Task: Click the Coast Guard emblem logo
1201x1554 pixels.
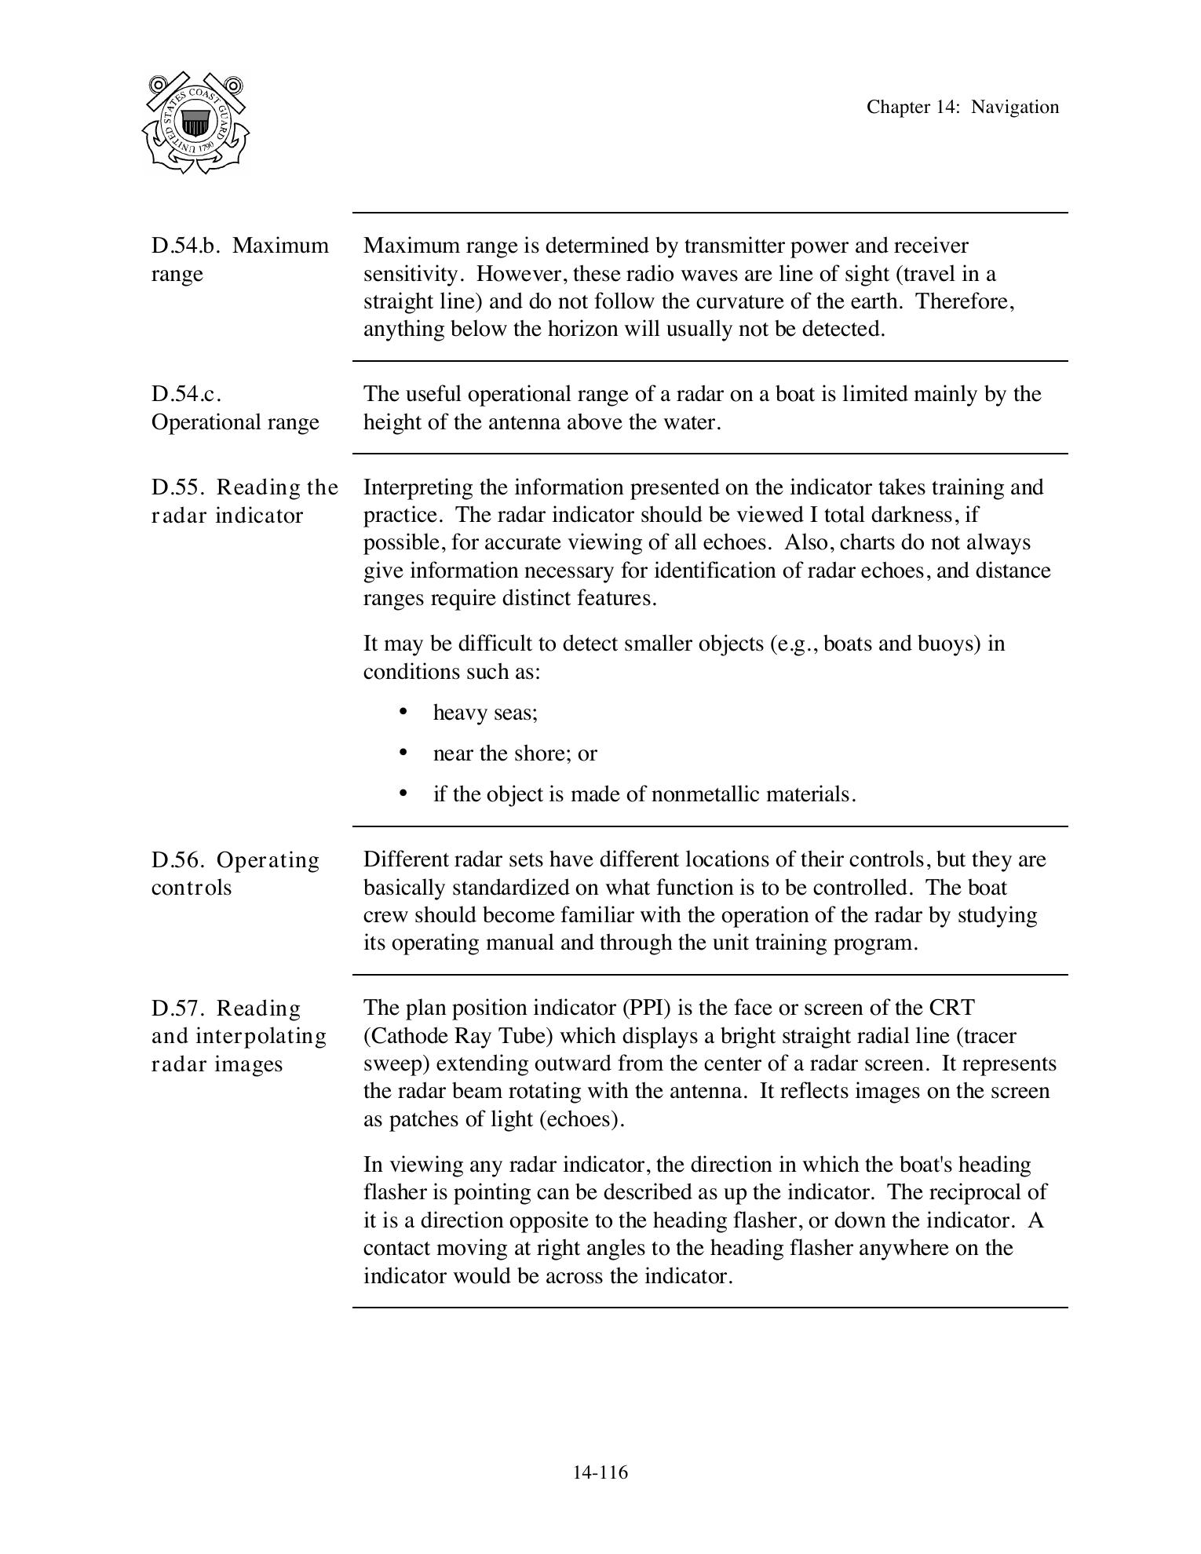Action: [196, 123]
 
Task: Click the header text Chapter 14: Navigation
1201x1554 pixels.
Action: [962, 108]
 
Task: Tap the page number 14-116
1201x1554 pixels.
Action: [600, 1472]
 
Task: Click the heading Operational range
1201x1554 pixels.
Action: [235, 422]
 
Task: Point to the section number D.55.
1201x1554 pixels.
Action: [178, 487]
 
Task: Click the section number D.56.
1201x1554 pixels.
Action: [178, 860]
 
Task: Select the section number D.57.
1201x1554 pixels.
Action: [178, 1009]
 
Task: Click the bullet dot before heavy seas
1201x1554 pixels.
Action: [403, 711]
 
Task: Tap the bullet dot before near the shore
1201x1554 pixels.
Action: [403, 752]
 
